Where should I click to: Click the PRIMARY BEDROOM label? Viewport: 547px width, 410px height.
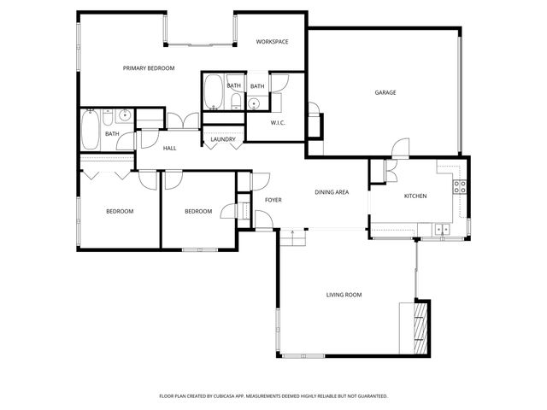click(149, 68)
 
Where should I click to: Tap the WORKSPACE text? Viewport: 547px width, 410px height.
click(273, 42)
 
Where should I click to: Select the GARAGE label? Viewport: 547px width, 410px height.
click(385, 92)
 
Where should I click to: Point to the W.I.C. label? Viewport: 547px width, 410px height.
click(278, 123)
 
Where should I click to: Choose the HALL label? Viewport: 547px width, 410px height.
click(169, 149)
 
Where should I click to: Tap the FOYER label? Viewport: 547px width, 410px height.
click(273, 200)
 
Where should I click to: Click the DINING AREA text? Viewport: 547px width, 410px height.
click(331, 192)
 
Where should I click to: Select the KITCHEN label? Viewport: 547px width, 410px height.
click(415, 196)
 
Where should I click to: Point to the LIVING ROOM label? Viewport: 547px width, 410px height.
click(344, 295)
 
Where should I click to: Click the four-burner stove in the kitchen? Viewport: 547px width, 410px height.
click(459, 187)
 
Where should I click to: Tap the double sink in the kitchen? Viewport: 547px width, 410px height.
click(442, 229)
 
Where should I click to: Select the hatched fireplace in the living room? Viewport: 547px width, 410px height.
click(419, 328)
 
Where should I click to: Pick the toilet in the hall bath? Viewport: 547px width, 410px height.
click(125, 114)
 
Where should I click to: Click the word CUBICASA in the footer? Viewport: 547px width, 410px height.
click(245, 396)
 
